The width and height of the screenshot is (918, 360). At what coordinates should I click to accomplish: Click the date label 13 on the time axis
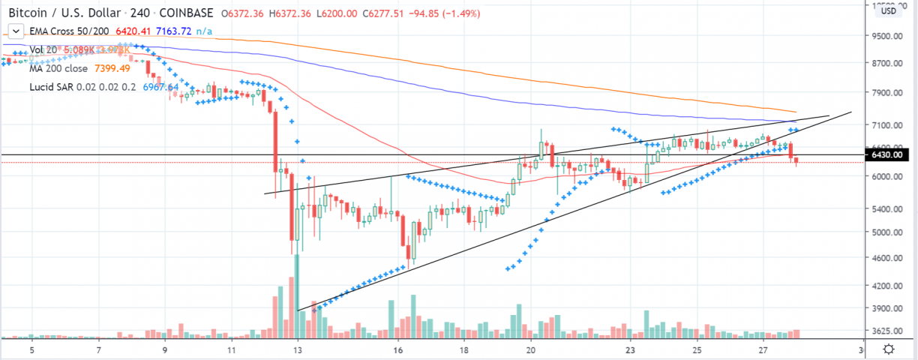pyautogui.click(x=298, y=349)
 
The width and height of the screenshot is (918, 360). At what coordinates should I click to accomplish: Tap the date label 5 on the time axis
pyautogui.click(x=31, y=349)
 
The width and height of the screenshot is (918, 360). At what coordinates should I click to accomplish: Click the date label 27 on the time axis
pyautogui.click(x=763, y=349)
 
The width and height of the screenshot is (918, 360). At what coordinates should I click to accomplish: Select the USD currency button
pyautogui.click(x=889, y=10)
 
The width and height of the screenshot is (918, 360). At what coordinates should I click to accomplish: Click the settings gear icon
pyautogui.click(x=888, y=349)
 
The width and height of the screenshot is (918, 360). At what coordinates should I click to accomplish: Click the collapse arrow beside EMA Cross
pyautogui.click(x=13, y=31)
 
